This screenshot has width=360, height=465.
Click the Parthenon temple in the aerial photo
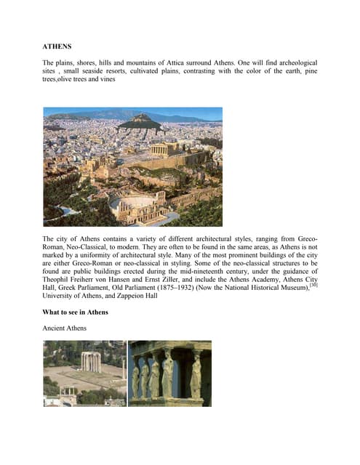point(158,149)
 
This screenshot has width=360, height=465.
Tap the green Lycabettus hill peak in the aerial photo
point(140,121)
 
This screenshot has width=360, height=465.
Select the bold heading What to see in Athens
point(76,312)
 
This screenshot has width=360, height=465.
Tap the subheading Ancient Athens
point(65,328)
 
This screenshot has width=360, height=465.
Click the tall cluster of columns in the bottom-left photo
point(91,361)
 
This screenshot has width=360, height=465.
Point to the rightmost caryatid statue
point(196,375)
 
